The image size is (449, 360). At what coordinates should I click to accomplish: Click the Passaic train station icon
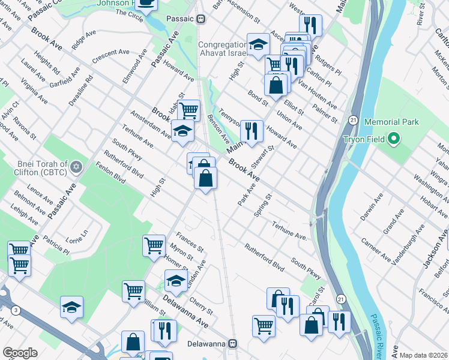point(201,19)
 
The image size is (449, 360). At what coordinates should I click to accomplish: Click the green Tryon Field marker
point(394,140)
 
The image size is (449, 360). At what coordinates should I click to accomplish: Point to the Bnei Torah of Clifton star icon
point(76,166)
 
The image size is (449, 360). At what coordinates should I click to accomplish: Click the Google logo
point(20,353)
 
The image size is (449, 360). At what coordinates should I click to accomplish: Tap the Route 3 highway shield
point(16,310)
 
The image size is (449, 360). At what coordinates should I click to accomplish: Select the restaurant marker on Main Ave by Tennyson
point(252,131)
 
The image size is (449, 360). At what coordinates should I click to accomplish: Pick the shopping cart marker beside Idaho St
point(188,110)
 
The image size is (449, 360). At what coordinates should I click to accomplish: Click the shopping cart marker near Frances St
point(154,245)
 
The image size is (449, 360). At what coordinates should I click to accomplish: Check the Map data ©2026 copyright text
point(423,355)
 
